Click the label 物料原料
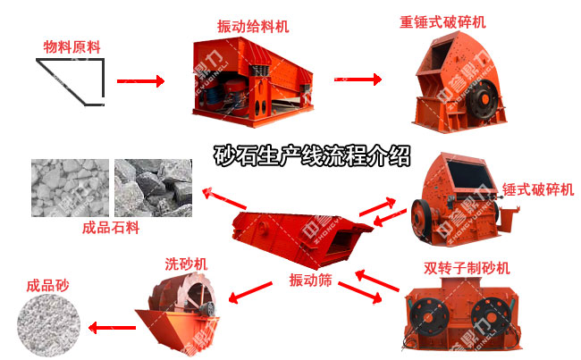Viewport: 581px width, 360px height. click(72, 47)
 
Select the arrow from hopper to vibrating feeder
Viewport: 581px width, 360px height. click(140, 81)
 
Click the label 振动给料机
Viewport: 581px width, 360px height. click(253, 26)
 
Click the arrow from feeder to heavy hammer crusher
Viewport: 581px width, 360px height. click(358, 80)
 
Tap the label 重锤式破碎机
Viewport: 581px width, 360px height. click(442, 21)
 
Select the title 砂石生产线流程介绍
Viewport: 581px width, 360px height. click(312, 155)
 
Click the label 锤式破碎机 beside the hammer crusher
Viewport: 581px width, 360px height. click(538, 189)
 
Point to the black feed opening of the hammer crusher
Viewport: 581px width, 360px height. click(470, 175)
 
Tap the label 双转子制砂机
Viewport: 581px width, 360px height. click(467, 268)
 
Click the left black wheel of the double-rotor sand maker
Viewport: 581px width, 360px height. click(429, 317)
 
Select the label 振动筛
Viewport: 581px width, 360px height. click(310, 280)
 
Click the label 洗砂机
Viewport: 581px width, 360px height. click(186, 264)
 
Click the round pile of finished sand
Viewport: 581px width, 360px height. click(49, 325)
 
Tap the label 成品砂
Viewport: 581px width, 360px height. click(47, 286)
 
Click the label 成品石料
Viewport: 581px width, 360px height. click(111, 228)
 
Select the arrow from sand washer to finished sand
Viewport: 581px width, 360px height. click(113, 328)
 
